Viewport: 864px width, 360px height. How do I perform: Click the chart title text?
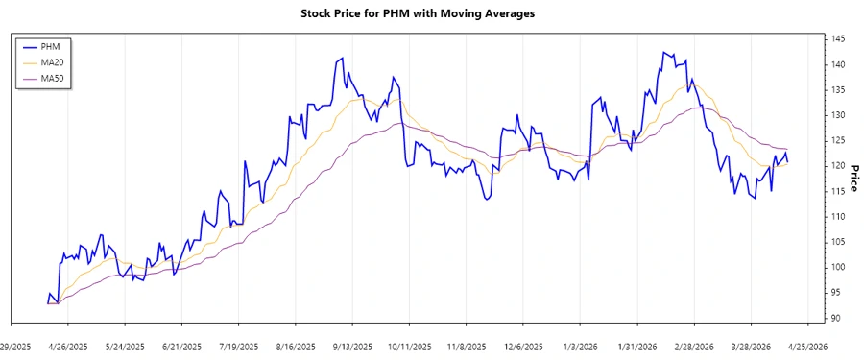coord(431,13)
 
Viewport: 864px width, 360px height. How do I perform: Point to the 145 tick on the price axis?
coord(838,38)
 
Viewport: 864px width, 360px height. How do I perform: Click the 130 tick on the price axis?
coord(838,115)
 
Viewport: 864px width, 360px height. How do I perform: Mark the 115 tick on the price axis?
coord(838,191)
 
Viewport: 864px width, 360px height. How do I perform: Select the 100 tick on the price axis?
coord(838,267)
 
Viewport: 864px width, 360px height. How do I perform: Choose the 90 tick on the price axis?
coord(838,318)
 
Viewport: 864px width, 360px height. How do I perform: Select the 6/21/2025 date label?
coord(181,346)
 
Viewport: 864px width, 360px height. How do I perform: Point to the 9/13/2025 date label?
coord(351,346)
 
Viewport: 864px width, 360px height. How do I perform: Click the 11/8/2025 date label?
coord(466,346)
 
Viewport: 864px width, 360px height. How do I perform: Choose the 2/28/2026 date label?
coord(694,346)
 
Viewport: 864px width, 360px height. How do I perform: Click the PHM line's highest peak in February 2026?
coord(664,52)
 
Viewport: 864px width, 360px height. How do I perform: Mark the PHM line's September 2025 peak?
coord(343,59)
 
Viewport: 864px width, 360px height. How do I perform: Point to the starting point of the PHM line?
coord(47,303)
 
